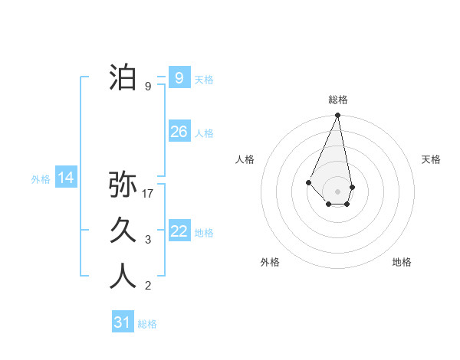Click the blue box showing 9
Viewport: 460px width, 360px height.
179,77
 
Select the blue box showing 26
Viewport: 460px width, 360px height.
179,132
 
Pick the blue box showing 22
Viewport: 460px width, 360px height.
179,231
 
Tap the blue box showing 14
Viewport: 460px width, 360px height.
66,178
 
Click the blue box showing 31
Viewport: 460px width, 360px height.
122,322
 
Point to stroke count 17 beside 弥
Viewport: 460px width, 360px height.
149,194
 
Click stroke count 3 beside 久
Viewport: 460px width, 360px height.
148,240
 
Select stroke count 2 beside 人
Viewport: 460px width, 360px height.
148,286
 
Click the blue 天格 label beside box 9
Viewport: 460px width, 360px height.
204,79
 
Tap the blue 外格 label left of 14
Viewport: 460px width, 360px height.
41,179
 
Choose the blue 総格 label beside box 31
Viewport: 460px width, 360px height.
147,324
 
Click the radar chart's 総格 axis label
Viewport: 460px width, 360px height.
337,100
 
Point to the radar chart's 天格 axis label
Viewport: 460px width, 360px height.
431,159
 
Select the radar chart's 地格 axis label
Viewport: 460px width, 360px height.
402,262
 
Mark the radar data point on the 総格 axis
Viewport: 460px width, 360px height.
337,116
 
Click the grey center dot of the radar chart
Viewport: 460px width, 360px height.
337,191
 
